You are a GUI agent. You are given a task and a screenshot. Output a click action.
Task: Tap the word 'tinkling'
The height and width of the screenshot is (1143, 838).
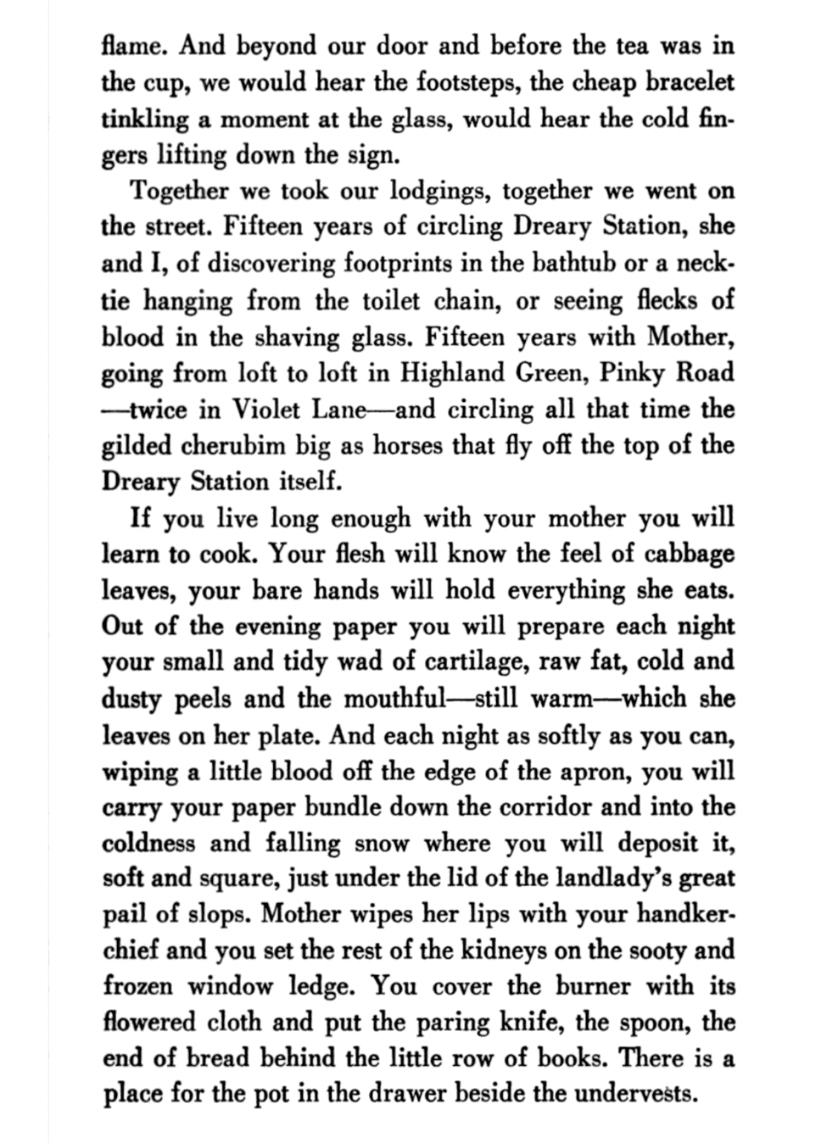pyautogui.click(x=144, y=120)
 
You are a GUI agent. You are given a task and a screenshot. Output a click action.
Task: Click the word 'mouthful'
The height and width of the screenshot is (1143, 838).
pyautogui.click(x=394, y=699)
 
